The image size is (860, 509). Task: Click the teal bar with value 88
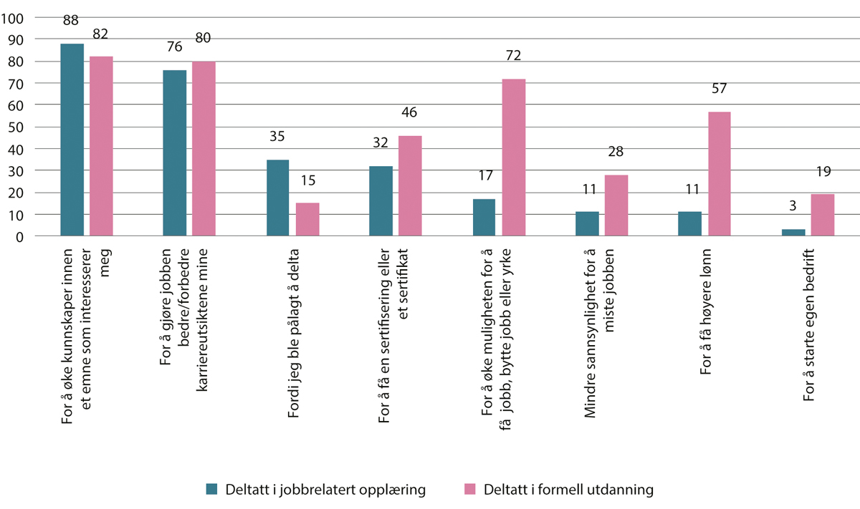click(72, 140)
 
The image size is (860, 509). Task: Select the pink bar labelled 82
click(101, 146)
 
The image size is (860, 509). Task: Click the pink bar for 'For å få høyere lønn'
click(719, 174)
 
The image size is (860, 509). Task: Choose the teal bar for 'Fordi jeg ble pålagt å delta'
click(278, 198)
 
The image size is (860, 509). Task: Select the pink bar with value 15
click(307, 219)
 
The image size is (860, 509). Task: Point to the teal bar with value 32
click(381, 201)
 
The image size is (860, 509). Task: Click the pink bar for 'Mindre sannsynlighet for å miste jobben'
click(616, 205)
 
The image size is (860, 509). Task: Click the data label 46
click(409, 113)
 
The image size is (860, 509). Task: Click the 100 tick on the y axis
click(14, 18)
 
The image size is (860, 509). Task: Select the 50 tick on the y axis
click(17, 127)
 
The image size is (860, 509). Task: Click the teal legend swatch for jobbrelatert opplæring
click(211, 490)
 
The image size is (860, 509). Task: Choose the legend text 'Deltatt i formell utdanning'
click(568, 490)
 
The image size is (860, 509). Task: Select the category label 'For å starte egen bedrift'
click(809, 323)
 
